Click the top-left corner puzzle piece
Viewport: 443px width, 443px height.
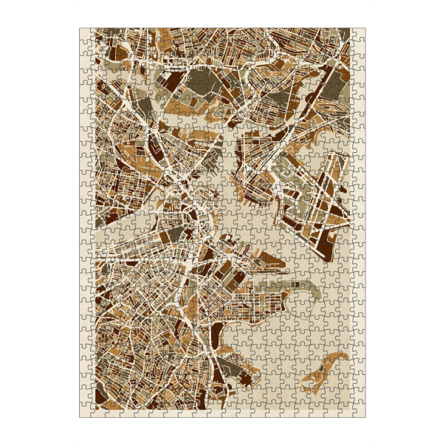coord(86,34)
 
